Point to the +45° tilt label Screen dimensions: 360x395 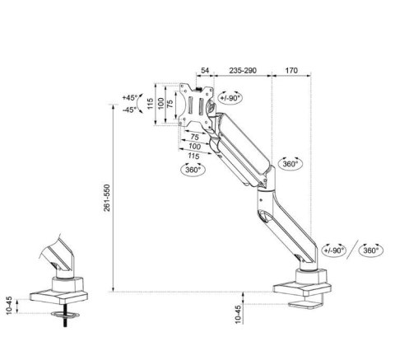[x=129, y=97]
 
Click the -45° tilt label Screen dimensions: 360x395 [x=129, y=109]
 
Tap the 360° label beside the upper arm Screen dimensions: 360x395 [x=290, y=163]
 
